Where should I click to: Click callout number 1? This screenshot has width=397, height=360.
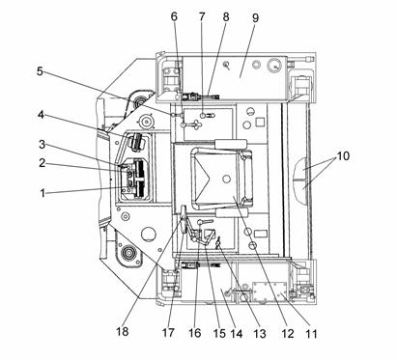(x=43, y=193)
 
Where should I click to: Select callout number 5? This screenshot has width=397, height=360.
(x=40, y=71)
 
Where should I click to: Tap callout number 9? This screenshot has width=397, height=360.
(x=255, y=17)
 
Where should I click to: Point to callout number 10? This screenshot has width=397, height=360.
(x=343, y=155)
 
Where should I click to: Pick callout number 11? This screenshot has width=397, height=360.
(x=311, y=333)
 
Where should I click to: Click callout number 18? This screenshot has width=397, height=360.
(x=123, y=331)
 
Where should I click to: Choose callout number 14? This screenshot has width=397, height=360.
(x=237, y=333)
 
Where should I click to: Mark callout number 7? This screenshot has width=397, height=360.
(x=202, y=16)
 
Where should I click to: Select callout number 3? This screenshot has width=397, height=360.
(x=42, y=145)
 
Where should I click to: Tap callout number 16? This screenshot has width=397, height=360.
(x=195, y=333)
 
